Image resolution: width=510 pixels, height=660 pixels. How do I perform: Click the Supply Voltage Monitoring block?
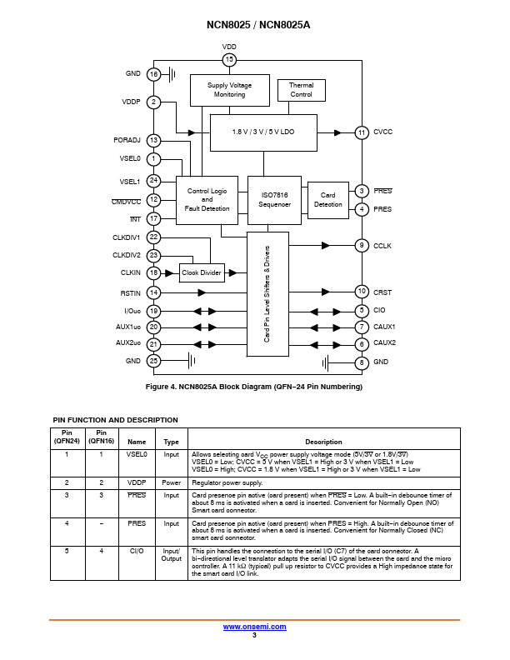click(x=230, y=90)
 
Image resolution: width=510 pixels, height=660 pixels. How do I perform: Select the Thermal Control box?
click(x=302, y=90)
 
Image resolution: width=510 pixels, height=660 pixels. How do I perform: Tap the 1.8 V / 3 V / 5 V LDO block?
click(x=263, y=132)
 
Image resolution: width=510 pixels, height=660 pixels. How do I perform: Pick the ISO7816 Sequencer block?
click(x=274, y=200)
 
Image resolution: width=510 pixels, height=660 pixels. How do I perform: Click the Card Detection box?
click(x=328, y=200)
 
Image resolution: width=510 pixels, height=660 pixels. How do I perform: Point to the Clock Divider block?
click(x=202, y=272)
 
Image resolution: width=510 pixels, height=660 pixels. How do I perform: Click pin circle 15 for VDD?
click(x=229, y=60)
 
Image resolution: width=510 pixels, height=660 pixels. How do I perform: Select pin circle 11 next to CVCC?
click(x=362, y=133)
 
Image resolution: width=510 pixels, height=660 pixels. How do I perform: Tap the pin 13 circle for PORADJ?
click(x=153, y=141)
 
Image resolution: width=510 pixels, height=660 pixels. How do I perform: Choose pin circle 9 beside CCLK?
click(x=362, y=245)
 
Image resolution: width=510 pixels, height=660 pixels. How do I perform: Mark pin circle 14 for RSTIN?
click(x=153, y=292)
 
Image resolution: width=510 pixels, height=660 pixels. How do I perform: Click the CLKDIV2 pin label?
click(x=126, y=255)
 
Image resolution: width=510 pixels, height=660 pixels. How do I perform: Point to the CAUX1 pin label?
click(x=384, y=327)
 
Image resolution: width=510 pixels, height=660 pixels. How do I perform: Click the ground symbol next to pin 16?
click(x=172, y=74)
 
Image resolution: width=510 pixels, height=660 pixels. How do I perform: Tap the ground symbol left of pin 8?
click(x=325, y=362)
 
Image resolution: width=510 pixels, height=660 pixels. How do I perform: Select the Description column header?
click(x=323, y=442)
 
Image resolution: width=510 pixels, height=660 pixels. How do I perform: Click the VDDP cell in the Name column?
click(x=137, y=482)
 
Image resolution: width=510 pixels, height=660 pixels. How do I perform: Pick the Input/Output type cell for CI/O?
click(x=172, y=555)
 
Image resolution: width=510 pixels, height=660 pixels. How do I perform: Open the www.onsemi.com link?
click(x=254, y=627)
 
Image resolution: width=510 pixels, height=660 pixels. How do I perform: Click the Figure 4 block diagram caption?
click(x=253, y=387)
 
